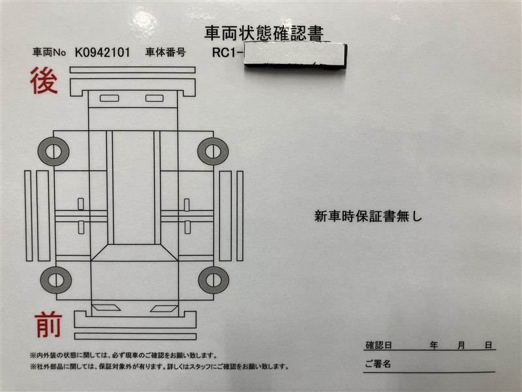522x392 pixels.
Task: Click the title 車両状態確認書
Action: (x=264, y=33)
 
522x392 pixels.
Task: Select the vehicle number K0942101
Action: (x=102, y=52)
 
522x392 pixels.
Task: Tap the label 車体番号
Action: (x=166, y=52)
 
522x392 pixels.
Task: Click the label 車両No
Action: (x=50, y=52)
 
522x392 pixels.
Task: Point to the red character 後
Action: (x=44, y=80)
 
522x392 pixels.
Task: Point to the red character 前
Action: (x=48, y=325)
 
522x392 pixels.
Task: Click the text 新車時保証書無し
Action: (x=368, y=216)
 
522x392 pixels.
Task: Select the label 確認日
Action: (x=378, y=345)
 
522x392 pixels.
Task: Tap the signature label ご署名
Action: (x=378, y=363)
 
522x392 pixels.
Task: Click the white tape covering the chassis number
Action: (x=296, y=55)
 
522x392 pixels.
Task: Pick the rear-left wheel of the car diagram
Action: (x=54, y=152)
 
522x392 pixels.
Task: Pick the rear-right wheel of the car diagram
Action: (x=213, y=152)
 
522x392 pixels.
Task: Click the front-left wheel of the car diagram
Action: (x=56, y=280)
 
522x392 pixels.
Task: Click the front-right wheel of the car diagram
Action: (x=214, y=280)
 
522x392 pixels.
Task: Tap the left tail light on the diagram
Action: (x=109, y=98)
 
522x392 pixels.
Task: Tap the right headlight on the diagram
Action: (x=164, y=308)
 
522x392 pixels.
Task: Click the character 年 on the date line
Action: (x=433, y=345)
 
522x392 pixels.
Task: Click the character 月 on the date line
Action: (x=461, y=345)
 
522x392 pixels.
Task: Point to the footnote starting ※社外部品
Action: (x=159, y=367)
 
